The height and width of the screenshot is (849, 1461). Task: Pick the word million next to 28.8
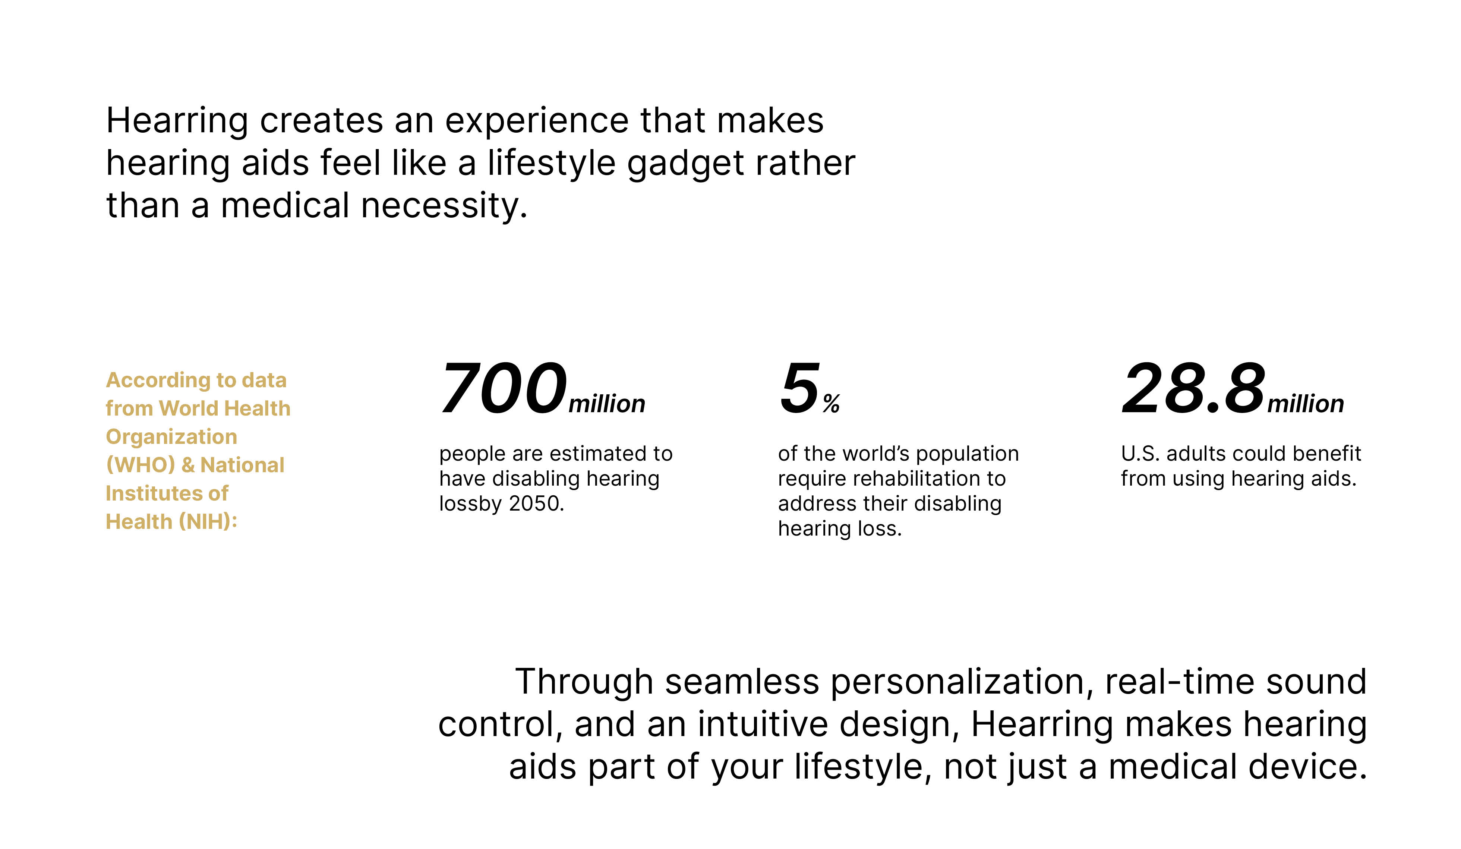click(1305, 404)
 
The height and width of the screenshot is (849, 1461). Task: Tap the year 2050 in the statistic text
click(536, 504)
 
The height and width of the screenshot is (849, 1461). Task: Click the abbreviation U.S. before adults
click(1140, 454)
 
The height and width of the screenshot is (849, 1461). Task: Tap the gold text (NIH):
click(208, 522)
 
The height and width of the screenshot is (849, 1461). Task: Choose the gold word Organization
click(171, 437)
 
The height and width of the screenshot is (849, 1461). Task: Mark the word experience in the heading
click(537, 121)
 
